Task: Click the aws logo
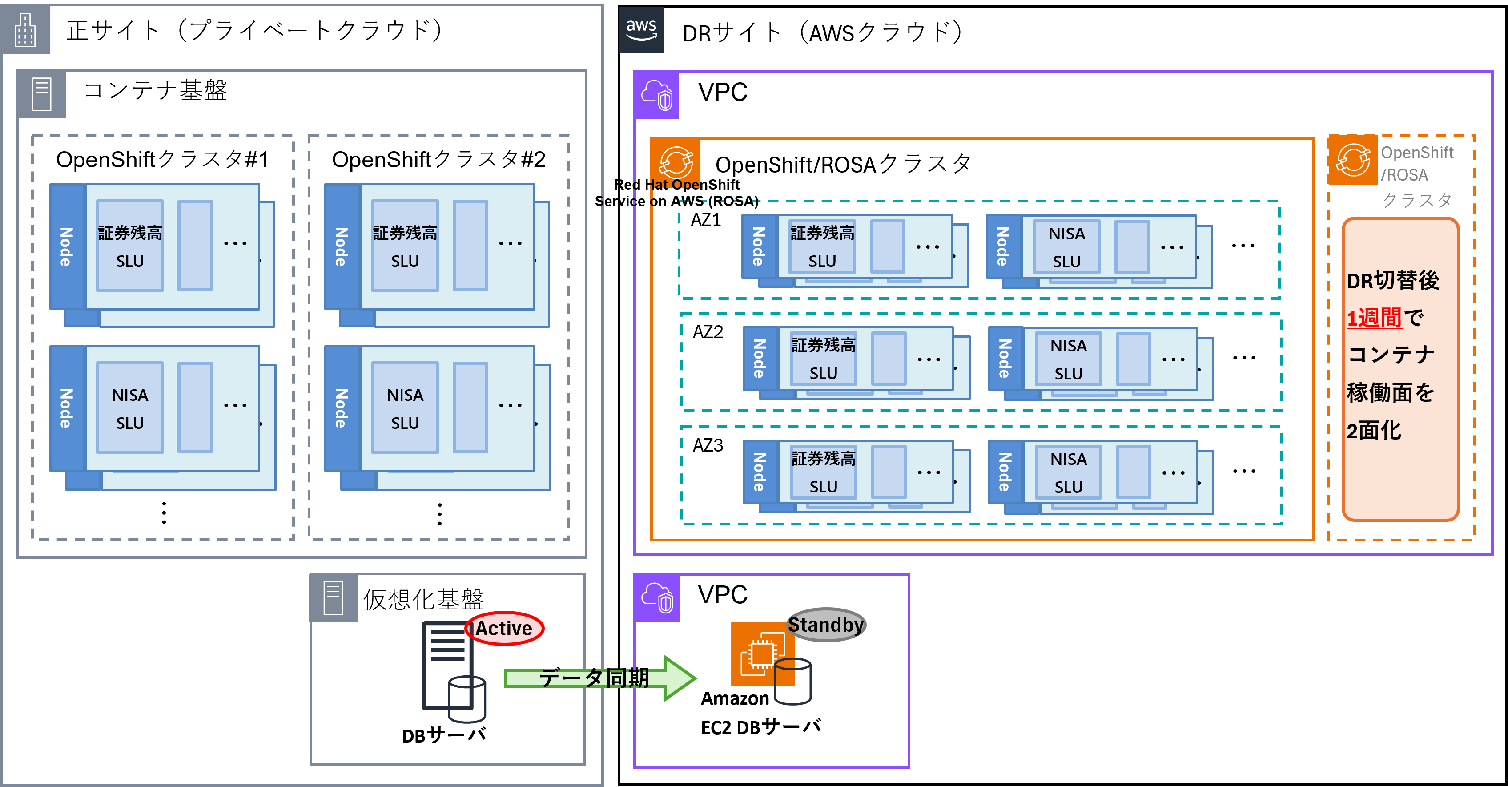point(641,29)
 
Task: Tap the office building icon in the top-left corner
point(25,29)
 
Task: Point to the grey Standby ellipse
point(825,625)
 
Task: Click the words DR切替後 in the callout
point(1392,280)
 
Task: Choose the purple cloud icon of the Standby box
point(657,597)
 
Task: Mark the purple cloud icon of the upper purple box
point(657,95)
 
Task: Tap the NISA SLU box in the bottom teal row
point(1068,472)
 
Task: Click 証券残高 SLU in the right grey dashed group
point(405,246)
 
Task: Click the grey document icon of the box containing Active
point(333,598)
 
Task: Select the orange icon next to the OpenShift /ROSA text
point(1352,159)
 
